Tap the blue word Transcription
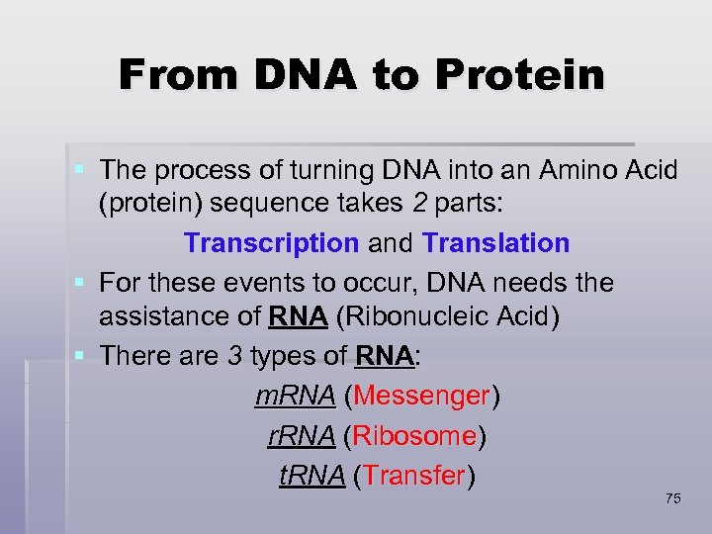coord(271,243)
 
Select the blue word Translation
coord(495,243)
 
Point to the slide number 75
coord(673,498)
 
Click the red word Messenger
coord(421,397)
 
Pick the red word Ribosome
coord(414,436)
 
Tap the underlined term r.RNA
coord(303,436)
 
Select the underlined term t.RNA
coord(311,476)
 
